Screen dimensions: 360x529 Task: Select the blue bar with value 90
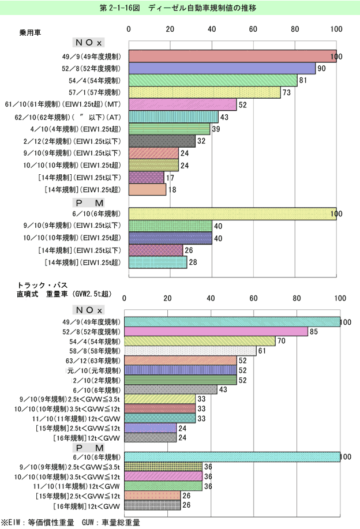[222, 69]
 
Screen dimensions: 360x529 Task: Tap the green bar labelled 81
[213, 80]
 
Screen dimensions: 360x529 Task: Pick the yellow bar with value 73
[204, 92]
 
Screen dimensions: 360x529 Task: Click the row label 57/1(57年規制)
[95, 92]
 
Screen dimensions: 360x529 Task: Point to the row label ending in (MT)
[63, 104]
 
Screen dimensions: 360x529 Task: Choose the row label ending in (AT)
[67, 117]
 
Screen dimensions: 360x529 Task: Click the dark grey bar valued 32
[162, 141]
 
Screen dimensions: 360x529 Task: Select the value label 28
[193, 262]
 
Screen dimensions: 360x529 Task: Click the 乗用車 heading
[30, 32]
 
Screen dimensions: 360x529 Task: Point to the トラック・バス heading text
[43, 285]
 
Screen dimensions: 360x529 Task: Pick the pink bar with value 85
[216, 332]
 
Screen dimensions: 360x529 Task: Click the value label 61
[262, 351]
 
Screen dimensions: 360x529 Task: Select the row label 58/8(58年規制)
[95, 351]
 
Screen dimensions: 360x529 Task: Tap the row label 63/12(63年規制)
[93, 361]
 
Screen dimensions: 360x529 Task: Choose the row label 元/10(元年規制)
[94, 370]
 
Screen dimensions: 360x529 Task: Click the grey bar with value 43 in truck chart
[171, 389]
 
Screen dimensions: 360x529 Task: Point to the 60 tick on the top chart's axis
[253, 29]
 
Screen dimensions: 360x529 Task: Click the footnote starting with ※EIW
[70, 523]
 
